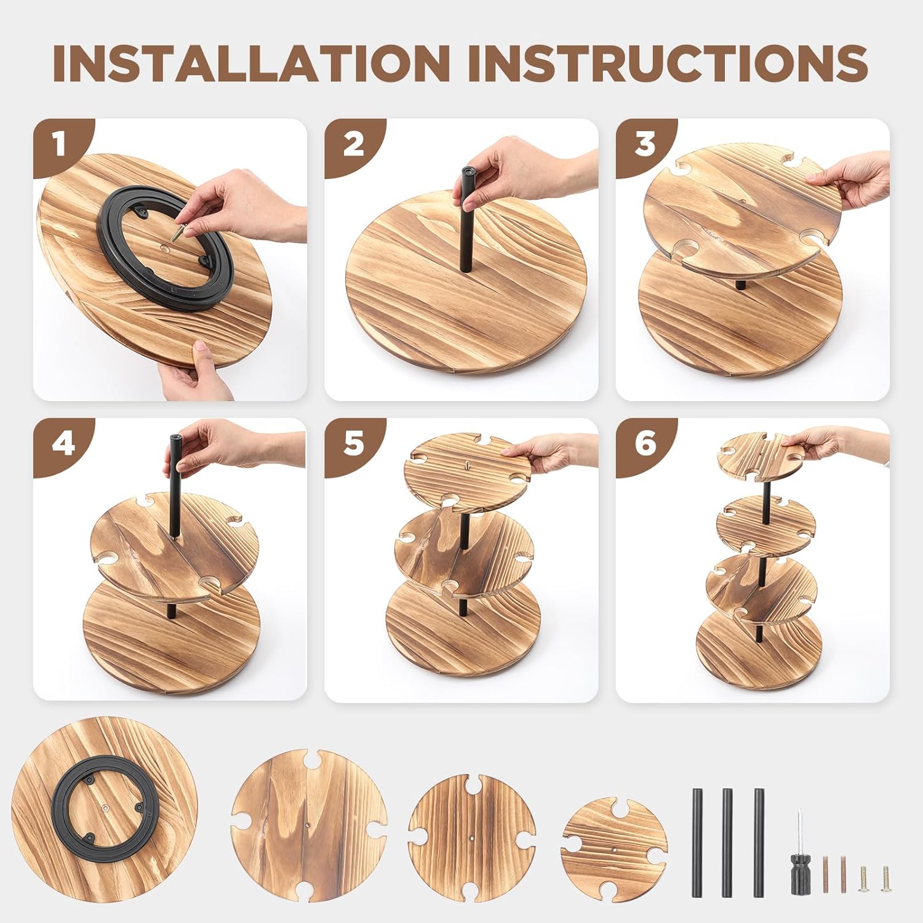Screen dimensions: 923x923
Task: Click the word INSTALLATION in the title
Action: (251, 63)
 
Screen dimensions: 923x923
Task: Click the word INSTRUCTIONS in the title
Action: (668, 63)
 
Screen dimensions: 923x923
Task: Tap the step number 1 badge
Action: (60, 145)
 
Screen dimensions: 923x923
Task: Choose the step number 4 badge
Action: (62, 444)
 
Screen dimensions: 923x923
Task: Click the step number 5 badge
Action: (353, 444)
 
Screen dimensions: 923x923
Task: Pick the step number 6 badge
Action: (644, 444)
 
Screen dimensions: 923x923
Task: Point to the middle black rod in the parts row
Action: (727, 834)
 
